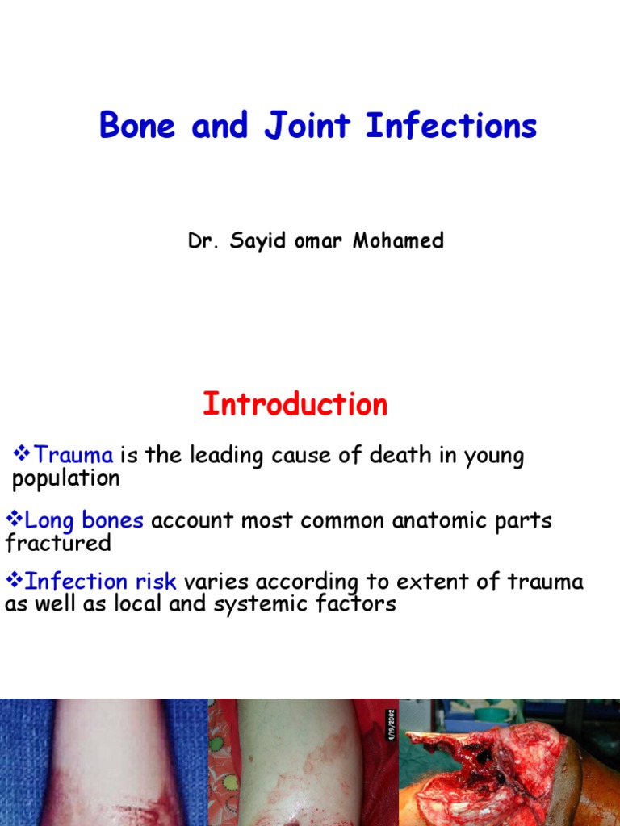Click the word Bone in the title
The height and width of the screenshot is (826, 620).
tap(136, 127)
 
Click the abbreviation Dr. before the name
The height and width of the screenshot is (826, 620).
tap(199, 241)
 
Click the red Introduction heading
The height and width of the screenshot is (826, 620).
tap(295, 404)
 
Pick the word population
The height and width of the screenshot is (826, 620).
tap(66, 478)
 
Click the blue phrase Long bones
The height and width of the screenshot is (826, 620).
tap(85, 520)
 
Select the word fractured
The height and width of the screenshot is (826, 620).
tap(58, 543)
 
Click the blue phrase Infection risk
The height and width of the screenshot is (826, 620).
tap(100, 582)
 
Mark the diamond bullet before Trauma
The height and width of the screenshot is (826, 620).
tap(23, 454)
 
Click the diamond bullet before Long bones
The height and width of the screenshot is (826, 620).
tap(14, 519)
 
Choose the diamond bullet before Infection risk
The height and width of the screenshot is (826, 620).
tap(14, 580)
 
